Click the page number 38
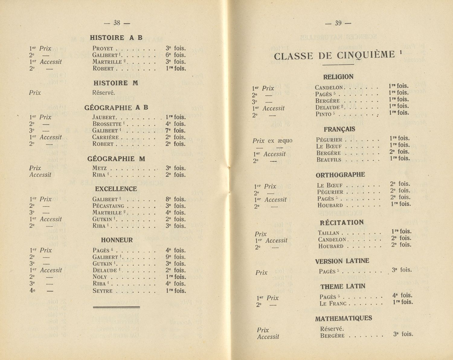point(117,23)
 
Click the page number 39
point(338,23)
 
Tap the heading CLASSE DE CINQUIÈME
point(334,56)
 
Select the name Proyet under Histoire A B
point(103,49)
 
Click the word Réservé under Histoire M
point(104,93)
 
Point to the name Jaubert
point(104,117)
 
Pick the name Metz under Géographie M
point(99,168)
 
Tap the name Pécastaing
point(108,206)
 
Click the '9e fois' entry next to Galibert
point(175,257)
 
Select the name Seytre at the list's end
point(102,291)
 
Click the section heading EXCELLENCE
point(116,189)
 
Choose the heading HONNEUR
point(117,240)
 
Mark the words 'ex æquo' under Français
point(280,141)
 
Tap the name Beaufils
point(329,160)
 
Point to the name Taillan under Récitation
point(329,233)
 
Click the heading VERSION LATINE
point(342,261)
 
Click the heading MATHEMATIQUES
point(343,318)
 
